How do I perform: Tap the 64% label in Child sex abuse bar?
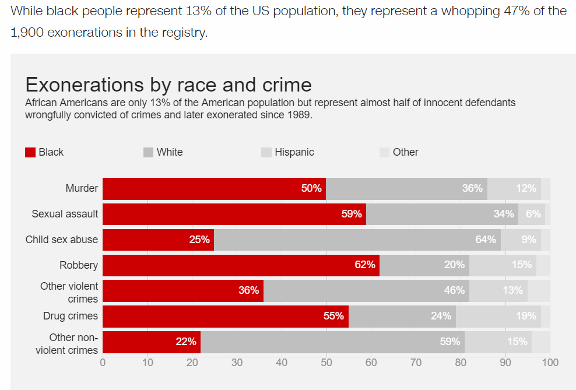(x=486, y=240)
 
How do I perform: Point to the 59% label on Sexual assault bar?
(x=352, y=214)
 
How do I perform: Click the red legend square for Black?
(x=30, y=153)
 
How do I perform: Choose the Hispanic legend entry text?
(x=294, y=152)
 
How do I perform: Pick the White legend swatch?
(x=148, y=153)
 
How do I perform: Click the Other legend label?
(x=405, y=152)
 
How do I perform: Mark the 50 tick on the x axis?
(x=326, y=363)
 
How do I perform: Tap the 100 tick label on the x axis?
(x=550, y=363)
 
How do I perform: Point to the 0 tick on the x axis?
(x=103, y=363)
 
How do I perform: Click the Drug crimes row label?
(x=71, y=317)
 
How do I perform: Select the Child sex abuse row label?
(x=62, y=240)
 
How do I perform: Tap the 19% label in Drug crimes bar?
(x=526, y=316)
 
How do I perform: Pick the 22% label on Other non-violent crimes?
(x=186, y=342)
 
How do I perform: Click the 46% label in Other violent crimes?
(x=454, y=290)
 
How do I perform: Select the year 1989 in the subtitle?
(x=300, y=115)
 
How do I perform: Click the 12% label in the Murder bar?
(x=526, y=188)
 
